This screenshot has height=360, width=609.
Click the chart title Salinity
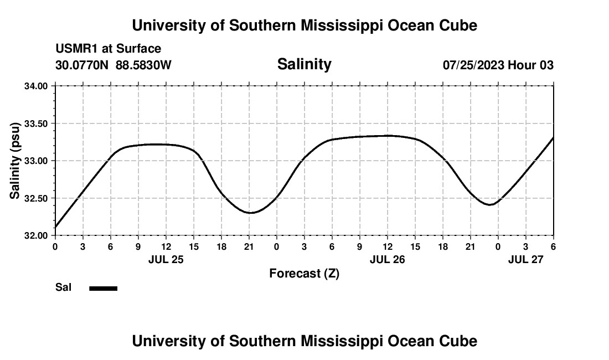[304, 64]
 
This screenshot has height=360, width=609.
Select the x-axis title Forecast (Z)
[304, 273]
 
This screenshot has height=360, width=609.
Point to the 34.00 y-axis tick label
[37, 86]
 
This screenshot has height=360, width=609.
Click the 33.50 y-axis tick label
[37, 124]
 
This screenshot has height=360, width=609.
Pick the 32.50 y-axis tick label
[37, 198]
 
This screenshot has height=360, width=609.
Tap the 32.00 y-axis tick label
[37, 235]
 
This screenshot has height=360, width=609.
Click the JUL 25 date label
[166, 259]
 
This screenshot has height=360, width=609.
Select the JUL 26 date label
[387, 259]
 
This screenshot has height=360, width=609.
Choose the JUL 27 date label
[526, 259]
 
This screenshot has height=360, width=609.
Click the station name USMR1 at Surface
[109, 49]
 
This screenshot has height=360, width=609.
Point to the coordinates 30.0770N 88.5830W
[113, 65]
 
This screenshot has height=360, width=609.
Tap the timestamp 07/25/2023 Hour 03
[498, 65]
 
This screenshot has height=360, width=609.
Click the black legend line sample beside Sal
[103, 288]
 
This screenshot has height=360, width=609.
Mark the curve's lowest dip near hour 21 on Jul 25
[250, 213]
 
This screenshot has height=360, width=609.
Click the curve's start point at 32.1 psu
[55, 227]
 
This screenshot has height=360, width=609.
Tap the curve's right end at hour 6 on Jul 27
[553, 137]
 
